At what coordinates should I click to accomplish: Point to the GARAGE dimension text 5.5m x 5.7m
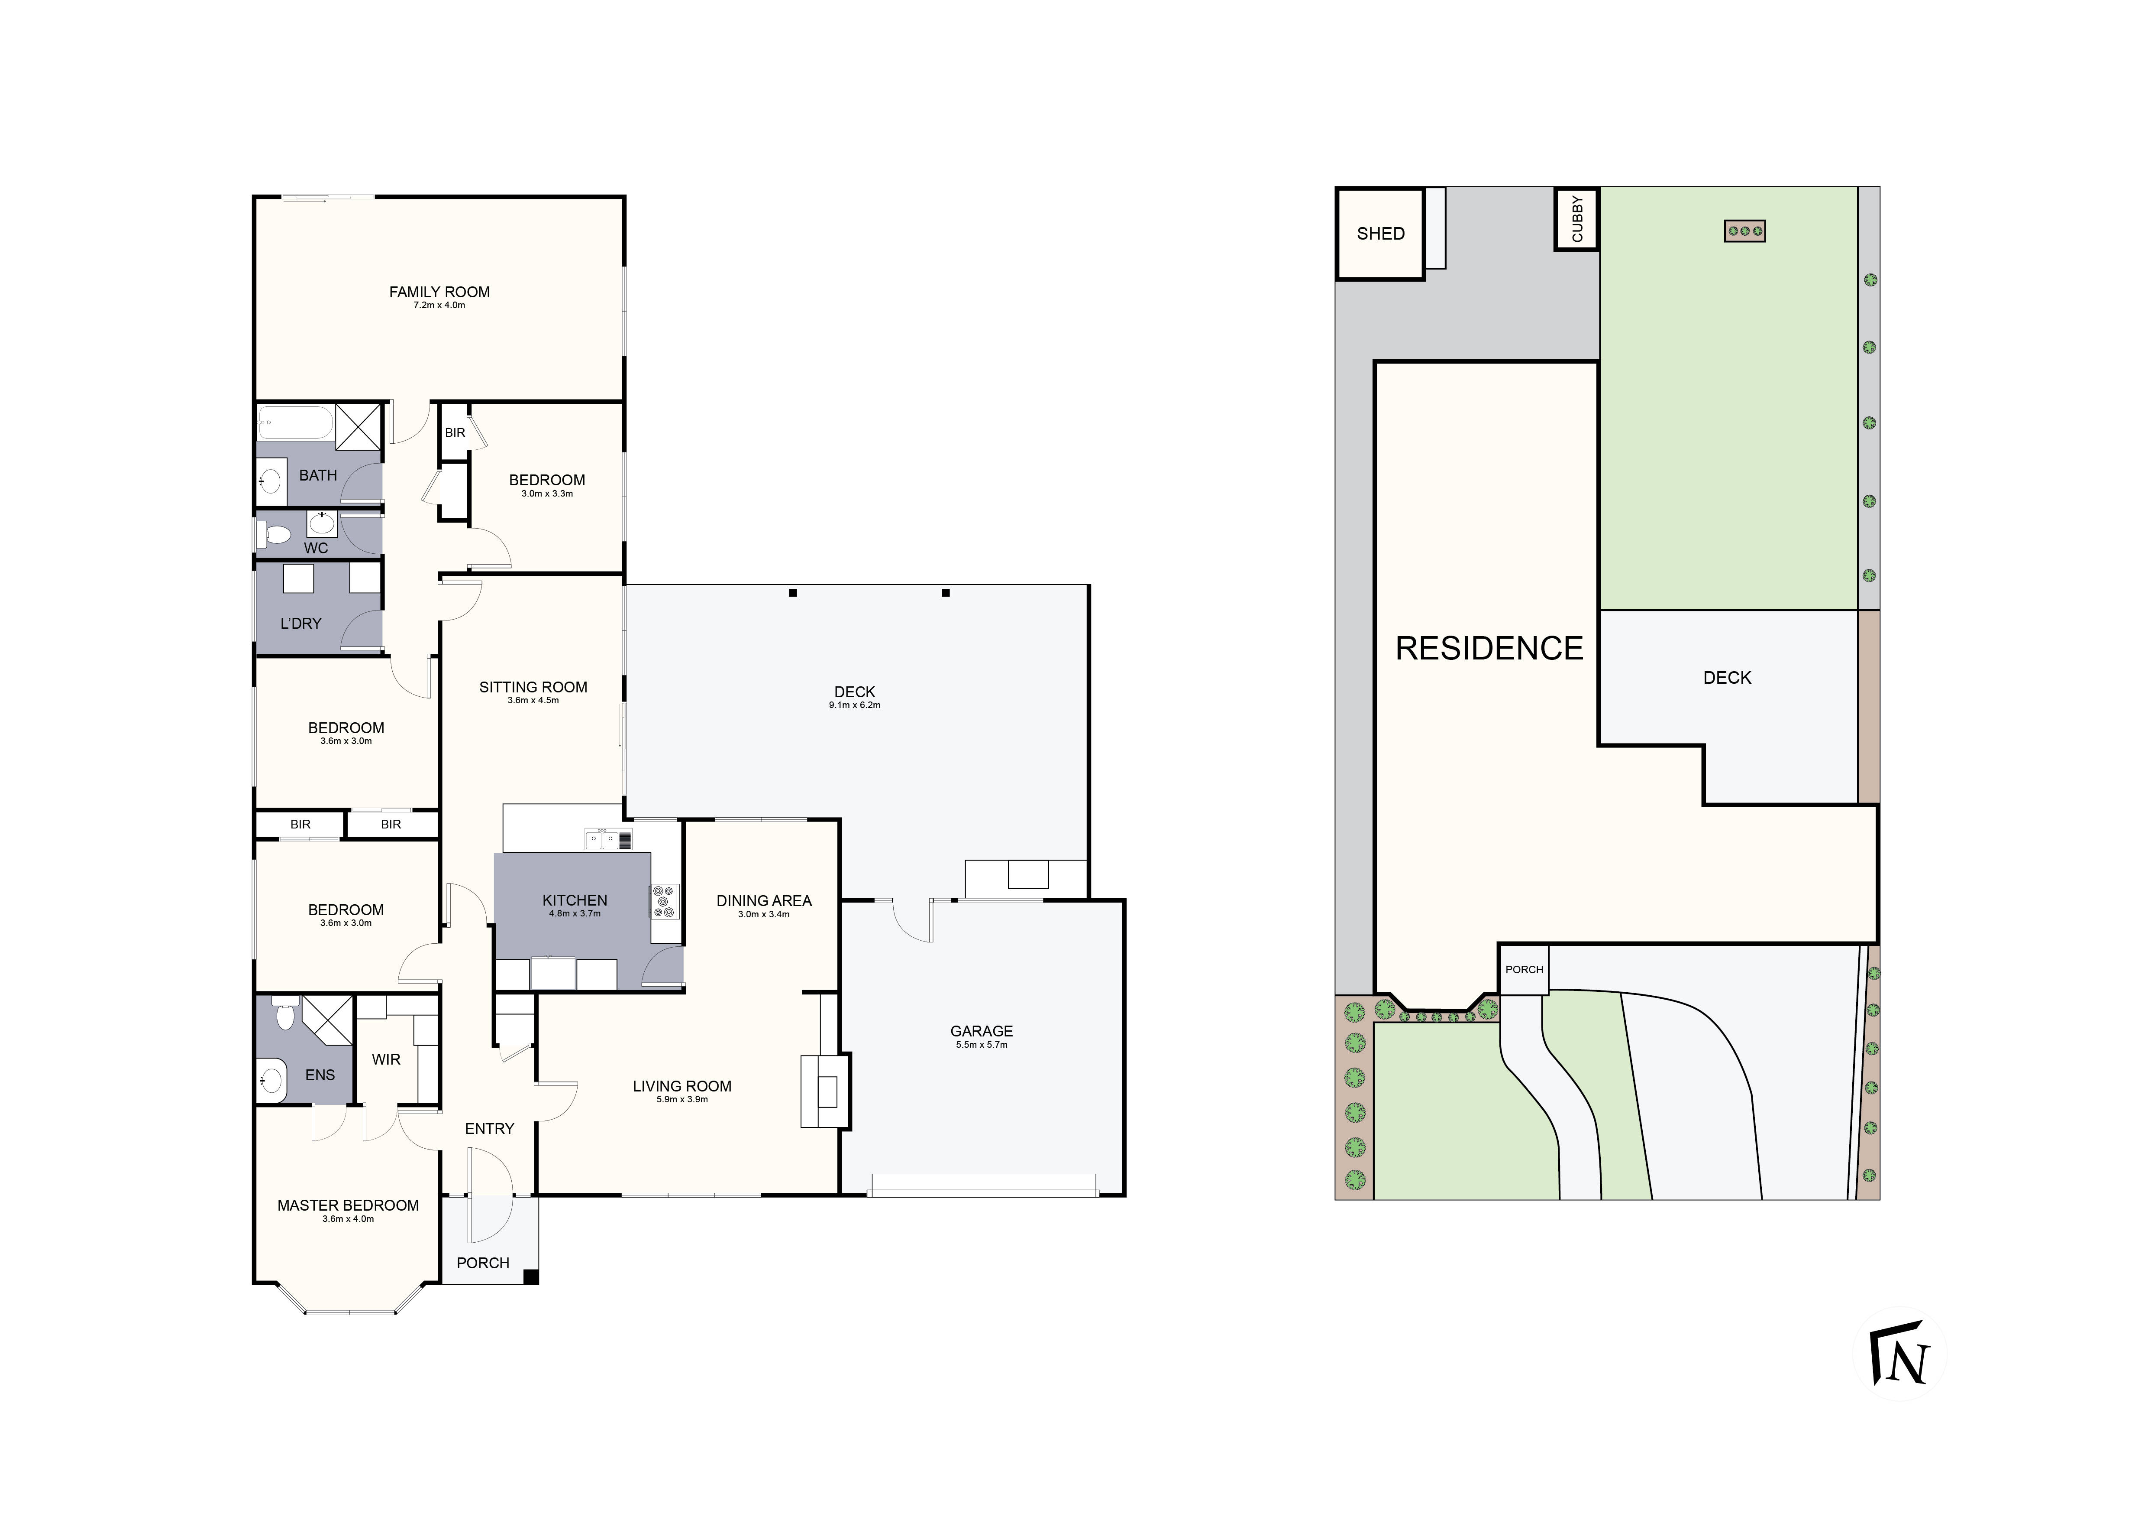(982, 1045)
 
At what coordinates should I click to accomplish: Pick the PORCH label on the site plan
(1524, 970)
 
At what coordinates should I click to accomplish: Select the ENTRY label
(489, 1129)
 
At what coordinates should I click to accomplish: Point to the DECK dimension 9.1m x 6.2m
(854, 705)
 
